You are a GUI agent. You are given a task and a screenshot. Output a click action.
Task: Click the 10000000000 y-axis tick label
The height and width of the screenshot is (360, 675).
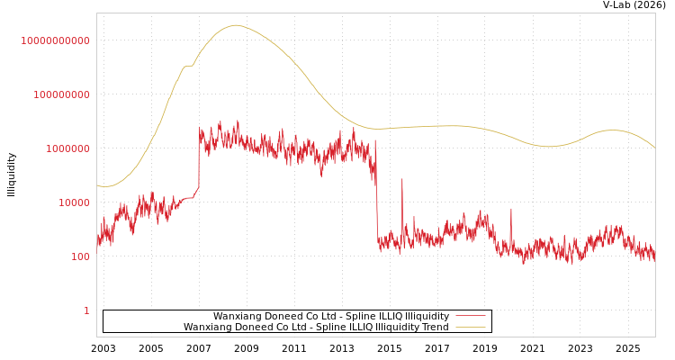tap(55, 40)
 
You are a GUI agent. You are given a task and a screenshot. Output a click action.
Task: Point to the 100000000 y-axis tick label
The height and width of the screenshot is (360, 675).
tap(61, 94)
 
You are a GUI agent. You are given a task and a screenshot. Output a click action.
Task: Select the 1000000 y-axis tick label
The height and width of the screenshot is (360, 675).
tap(67, 148)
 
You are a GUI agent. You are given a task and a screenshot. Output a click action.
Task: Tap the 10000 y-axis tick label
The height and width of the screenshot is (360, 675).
tap(73, 202)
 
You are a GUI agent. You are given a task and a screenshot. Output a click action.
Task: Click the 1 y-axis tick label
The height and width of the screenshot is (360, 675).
tap(86, 310)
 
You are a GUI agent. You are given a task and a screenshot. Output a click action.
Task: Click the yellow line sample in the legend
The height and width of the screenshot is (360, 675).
tap(470, 328)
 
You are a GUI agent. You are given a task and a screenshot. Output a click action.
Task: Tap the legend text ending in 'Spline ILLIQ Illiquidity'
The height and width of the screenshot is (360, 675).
tap(330, 317)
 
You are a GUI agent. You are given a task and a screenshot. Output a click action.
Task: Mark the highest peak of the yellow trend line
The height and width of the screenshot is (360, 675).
tap(236, 25)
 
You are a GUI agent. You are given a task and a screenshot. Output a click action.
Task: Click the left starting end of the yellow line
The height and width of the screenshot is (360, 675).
tap(98, 185)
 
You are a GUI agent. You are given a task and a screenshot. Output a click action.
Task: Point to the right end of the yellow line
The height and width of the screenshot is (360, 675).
tap(654, 148)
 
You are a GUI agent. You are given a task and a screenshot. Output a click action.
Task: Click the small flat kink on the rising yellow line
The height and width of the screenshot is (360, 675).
tap(188, 66)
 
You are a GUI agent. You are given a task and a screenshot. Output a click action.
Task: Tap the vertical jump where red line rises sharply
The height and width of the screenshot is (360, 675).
tap(199, 162)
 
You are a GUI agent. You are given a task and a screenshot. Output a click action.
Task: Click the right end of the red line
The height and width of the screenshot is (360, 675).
tap(654, 256)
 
